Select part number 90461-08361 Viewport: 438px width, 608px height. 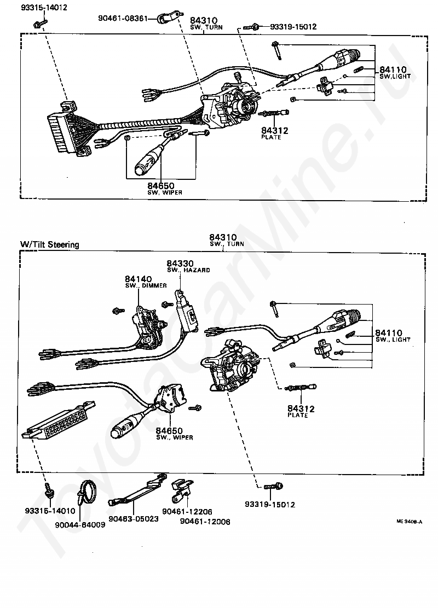click(123, 18)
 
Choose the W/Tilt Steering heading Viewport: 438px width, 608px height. click(49, 244)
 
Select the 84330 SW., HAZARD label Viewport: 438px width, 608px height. click(181, 266)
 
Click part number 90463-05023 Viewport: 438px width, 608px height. click(133, 518)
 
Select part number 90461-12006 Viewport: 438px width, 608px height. click(205, 522)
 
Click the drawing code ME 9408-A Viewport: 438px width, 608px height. click(409, 522)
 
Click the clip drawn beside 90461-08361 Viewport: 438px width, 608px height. click(164, 19)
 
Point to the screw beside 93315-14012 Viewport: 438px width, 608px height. click(40, 24)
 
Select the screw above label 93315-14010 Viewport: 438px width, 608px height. click(49, 488)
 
